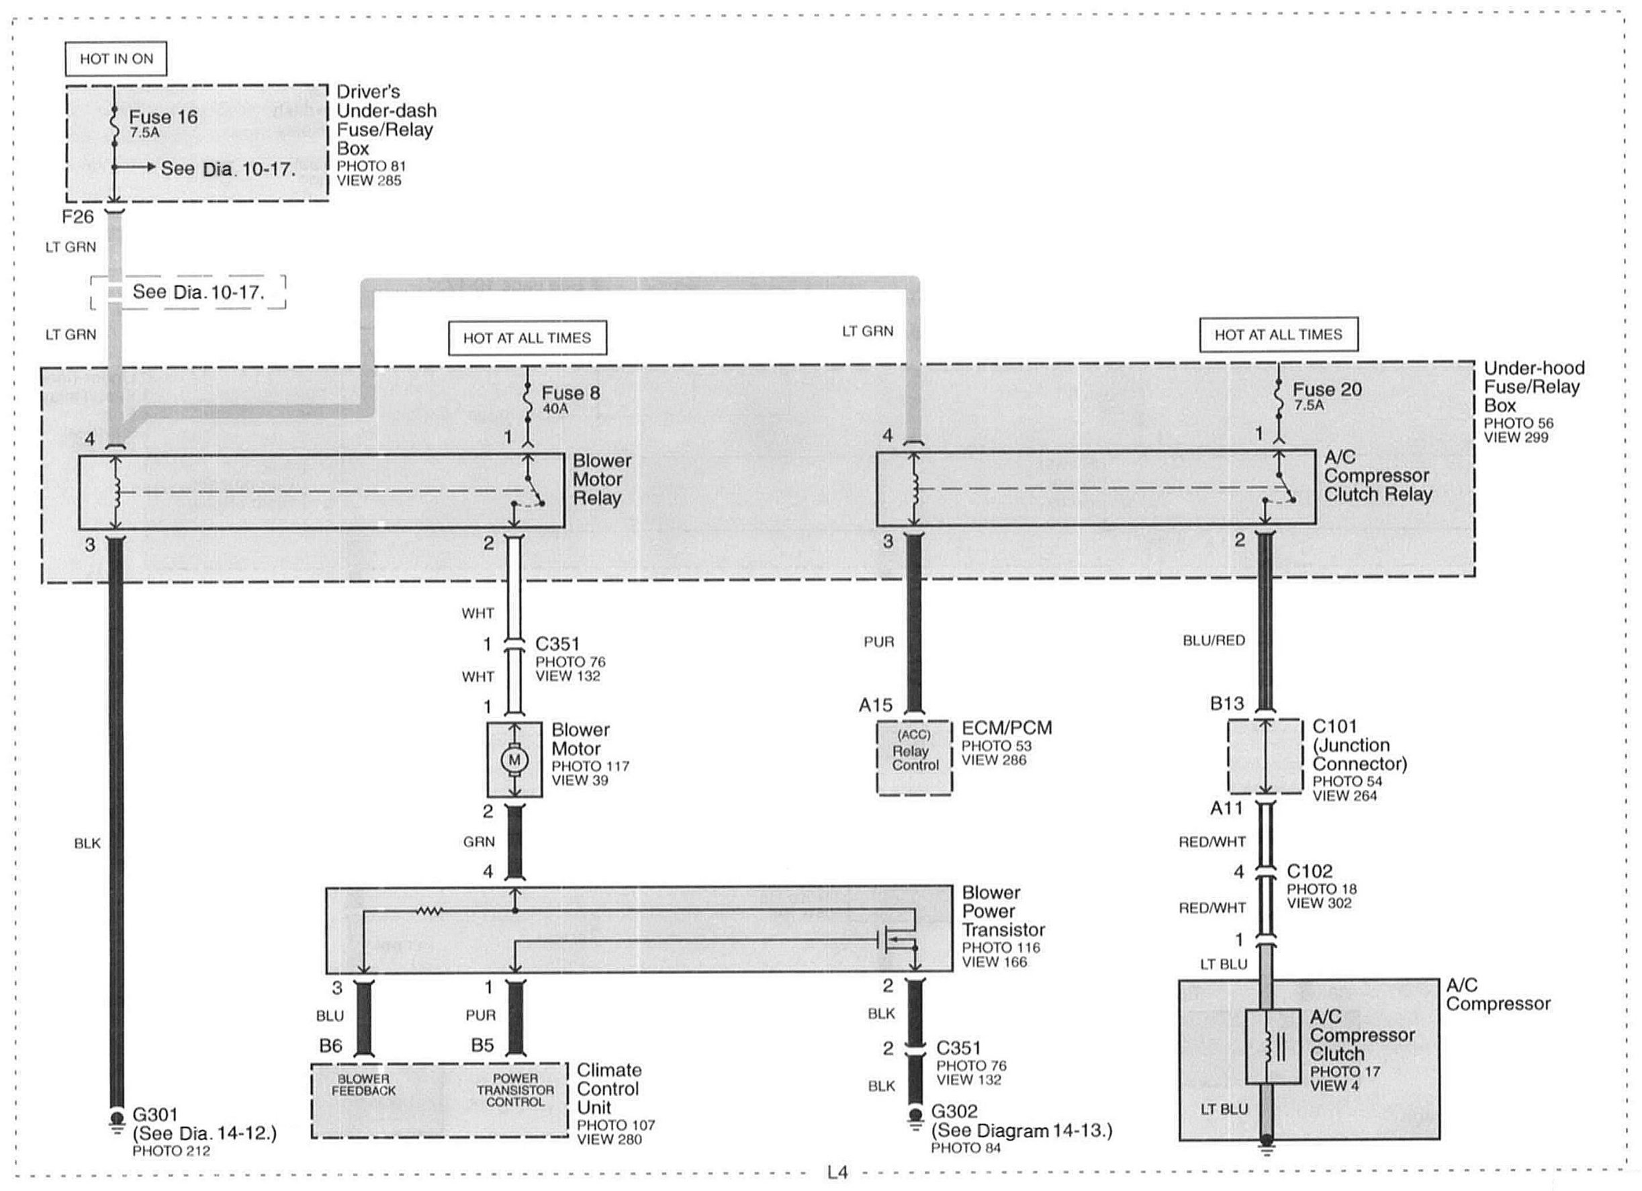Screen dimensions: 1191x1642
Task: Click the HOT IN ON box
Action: pyautogui.click(x=116, y=59)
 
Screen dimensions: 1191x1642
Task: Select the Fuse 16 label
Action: pyautogui.click(x=163, y=118)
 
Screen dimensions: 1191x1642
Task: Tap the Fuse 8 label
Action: pyautogui.click(x=570, y=393)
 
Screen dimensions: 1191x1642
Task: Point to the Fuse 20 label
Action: pyautogui.click(x=1327, y=390)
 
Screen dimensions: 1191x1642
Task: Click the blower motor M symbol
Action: pyautogui.click(x=514, y=760)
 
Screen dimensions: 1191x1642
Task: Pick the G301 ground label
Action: pyautogui.click(x=155, y=1114)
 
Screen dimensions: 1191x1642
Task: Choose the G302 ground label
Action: pyautogui.click(x=954, y=1111)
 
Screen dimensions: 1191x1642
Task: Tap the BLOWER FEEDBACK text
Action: pyautogui.click(x=363, y=1085)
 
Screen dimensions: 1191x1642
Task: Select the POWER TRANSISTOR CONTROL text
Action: pyautogui.click(x=514, y=1090)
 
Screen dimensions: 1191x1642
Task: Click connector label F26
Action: pyautogui.click(x=77, y=216)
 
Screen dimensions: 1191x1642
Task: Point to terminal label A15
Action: pyautogui.click(x=875, y=705)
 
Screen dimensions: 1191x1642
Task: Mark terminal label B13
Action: pyautogui.click(x=1227, y=704)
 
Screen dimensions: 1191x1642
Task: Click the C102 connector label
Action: pyautogui.click(x=1309, y=871)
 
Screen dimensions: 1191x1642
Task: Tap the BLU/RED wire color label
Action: pyautogui.click(x=1214, y=641)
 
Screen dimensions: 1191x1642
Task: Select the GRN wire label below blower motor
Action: pyautogui.click(x=479, y=842)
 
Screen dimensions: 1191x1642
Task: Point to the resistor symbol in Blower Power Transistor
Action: pyautogui.click(x=428, y=912)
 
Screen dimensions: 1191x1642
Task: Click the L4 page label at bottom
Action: pyautogui.click(x=837, y=1172)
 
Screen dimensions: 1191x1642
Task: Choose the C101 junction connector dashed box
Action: pyautogui.click(x=1265, y=756)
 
